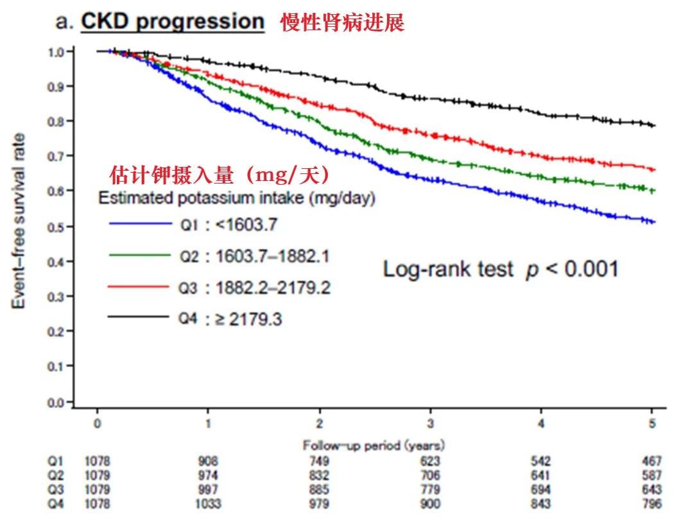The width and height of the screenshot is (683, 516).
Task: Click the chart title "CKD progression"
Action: coord(172,22)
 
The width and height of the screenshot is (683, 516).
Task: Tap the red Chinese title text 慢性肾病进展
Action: coord(342,23)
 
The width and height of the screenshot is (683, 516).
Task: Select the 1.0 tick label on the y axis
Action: coord(56,52)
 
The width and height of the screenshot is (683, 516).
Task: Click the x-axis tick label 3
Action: coord(431,424)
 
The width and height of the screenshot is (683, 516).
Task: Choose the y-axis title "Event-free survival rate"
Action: coord(21,220)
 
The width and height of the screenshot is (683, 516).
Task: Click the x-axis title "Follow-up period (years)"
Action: coord(374,445)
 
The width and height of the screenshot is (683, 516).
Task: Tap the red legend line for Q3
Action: coord(139,286)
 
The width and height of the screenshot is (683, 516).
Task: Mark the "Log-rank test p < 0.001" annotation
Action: coord(501,269)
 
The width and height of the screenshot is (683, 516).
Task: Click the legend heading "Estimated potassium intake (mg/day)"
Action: coord(236,198)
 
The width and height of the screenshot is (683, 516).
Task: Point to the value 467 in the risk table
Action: coord(652,461)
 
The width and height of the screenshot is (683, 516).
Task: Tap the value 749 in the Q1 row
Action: coord(319,461)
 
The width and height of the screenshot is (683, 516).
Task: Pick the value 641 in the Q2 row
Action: coord(541,476)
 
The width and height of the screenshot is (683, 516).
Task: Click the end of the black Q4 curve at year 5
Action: coord(653,125)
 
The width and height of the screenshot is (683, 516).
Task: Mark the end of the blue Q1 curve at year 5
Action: coord(653,222)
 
